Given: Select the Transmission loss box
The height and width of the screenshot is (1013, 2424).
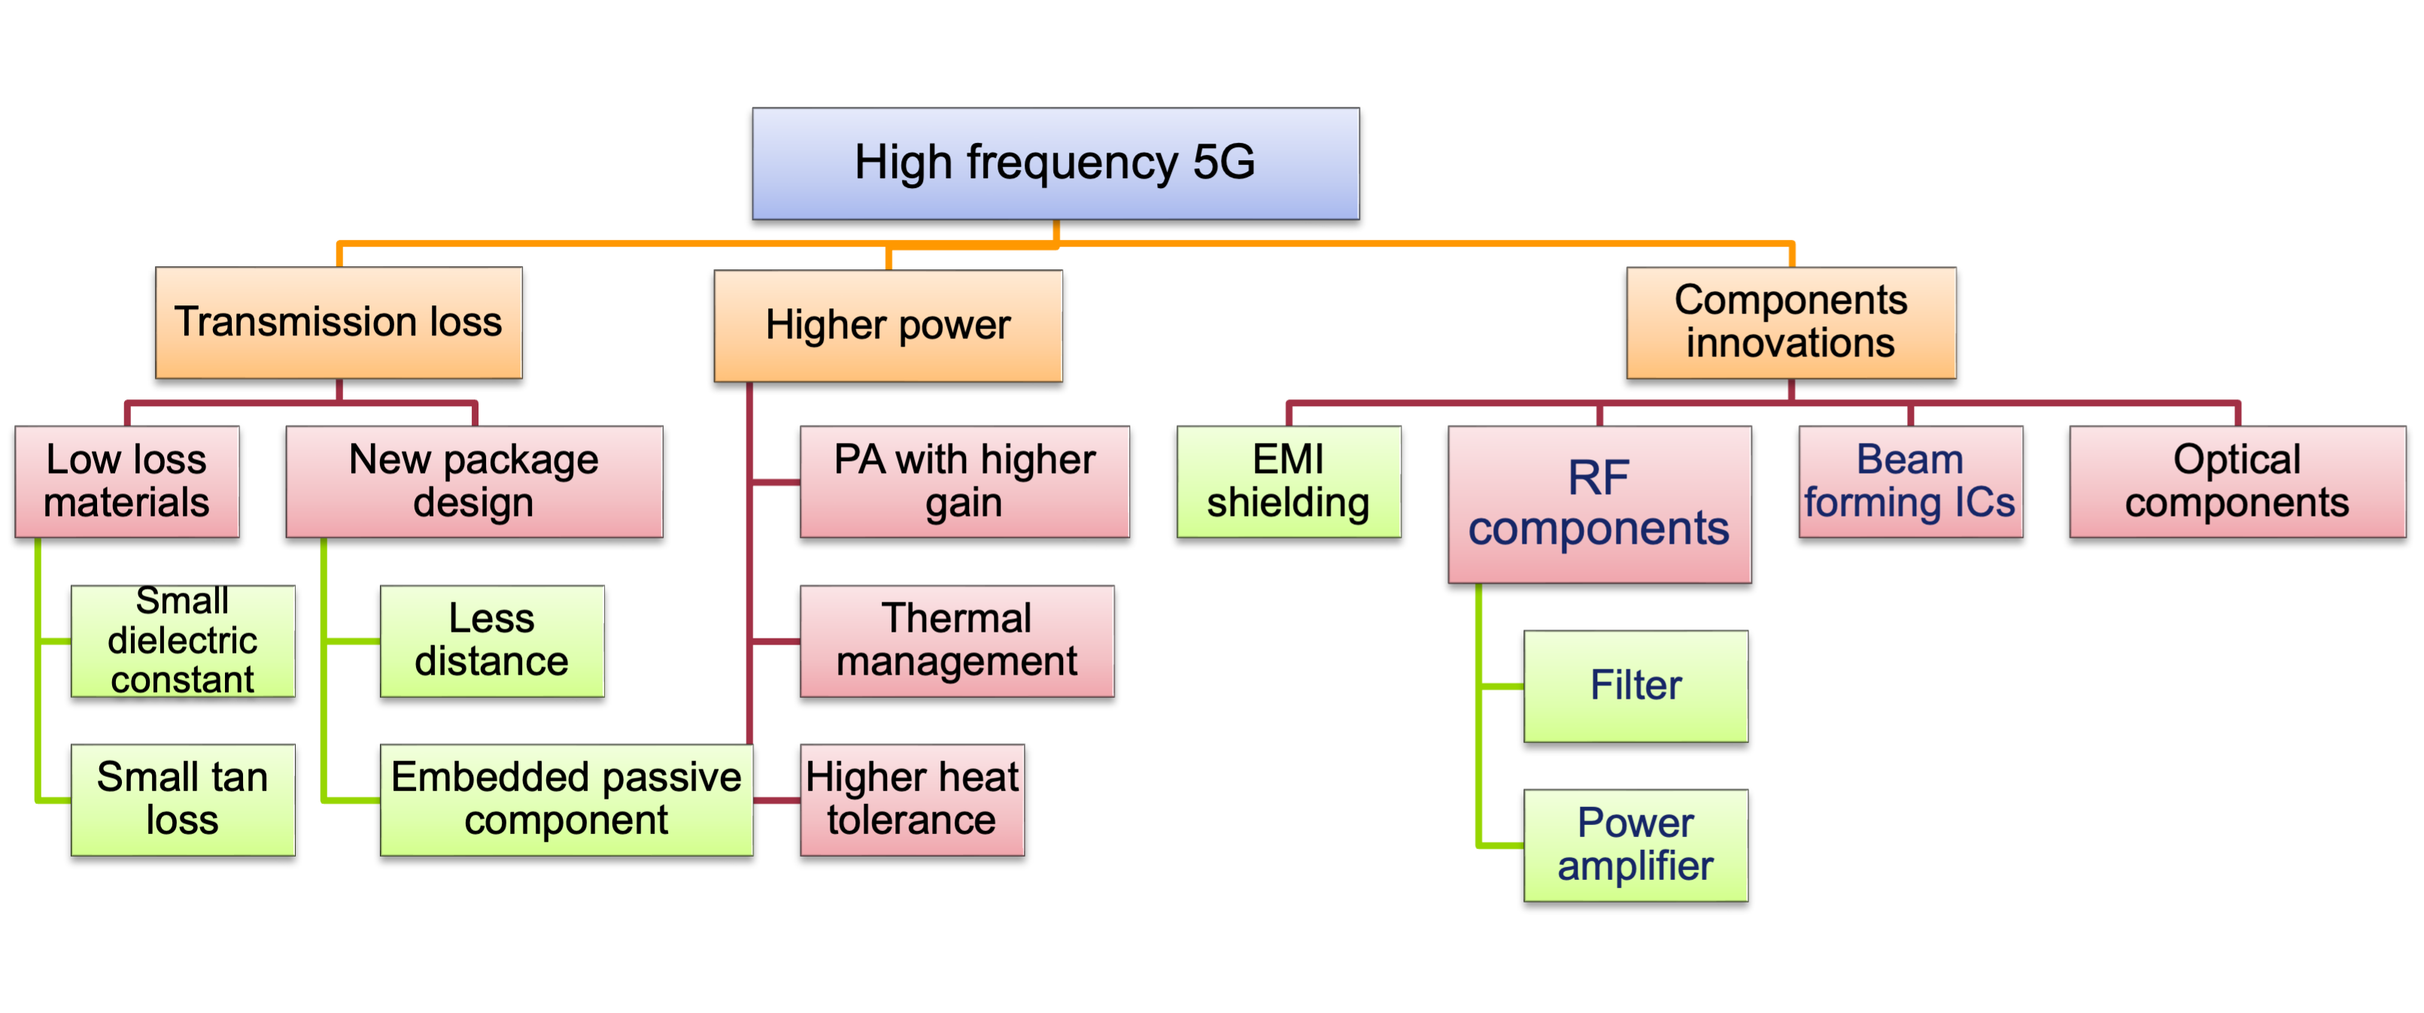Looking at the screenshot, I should (x=339, y=323).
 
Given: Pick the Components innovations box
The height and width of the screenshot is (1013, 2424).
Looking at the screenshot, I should (x=1791, y=323).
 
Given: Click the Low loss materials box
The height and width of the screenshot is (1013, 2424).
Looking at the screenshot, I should (x=127, y=481).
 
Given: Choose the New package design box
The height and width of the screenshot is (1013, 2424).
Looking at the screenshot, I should (x=474, y=481).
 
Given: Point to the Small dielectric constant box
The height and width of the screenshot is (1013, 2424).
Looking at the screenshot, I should (x=183, y=641).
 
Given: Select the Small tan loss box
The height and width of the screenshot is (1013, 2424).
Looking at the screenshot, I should (x=183, y=799).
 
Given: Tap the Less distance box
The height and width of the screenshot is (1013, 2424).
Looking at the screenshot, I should (x=492, y=641).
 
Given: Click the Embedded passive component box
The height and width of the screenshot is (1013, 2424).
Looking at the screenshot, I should (x=567, y=799).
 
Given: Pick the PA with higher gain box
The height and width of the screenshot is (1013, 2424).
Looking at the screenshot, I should (x=964, y=481).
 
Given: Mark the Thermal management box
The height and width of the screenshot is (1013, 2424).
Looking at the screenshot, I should (x=957, y=641).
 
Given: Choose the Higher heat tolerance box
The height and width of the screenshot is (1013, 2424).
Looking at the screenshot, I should (x=912, y=799).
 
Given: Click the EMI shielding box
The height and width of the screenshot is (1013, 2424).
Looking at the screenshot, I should (x=1288, y=481).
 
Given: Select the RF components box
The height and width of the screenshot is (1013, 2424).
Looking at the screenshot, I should (x=1599, y=504).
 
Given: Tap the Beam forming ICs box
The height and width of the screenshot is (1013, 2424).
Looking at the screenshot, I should (x=1910, y=481).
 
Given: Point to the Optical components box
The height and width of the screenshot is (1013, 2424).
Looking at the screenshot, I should (x=2237, y=481).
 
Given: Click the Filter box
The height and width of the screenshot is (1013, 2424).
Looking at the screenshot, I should (x=1636, y=686).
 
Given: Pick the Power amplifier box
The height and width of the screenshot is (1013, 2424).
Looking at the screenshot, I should (x=1636, y=845).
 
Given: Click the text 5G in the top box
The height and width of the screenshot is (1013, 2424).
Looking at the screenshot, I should (x=1224, y=162).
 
